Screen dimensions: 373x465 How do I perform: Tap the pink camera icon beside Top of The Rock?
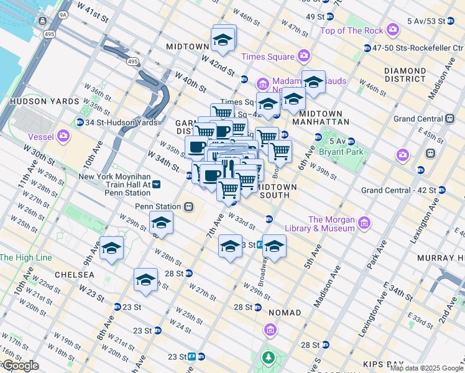(392, 29)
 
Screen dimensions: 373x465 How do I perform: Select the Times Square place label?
(268, 57)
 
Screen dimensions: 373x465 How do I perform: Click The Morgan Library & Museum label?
(331, 224)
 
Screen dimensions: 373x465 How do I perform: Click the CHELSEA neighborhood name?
(74, 274)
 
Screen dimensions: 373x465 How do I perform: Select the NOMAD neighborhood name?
(284, 313)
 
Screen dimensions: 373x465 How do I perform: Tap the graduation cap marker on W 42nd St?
(224, 40)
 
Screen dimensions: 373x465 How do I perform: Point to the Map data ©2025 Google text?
(426, 368)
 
